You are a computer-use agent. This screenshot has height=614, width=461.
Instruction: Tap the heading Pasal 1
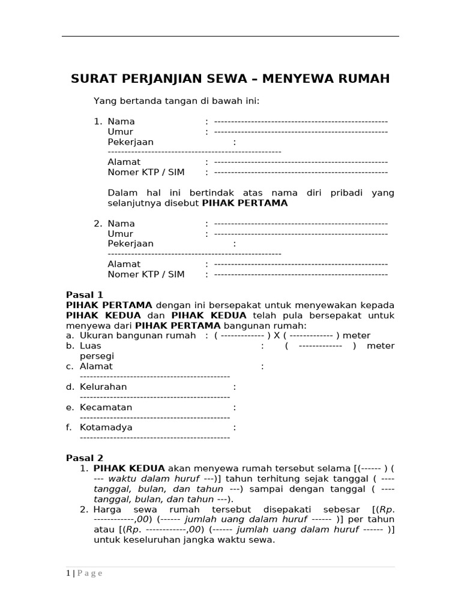(x=85, y=295)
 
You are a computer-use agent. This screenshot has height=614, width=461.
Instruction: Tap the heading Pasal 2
(x=85, y=458)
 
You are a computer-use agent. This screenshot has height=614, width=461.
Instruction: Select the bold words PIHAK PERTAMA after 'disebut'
(x=245, y=203)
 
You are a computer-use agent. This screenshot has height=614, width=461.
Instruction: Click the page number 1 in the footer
(x=68, y=573)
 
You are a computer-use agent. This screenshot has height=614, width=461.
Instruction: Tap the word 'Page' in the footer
(x=90, y=573)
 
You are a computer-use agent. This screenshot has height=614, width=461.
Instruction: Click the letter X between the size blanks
(x=277, y=336)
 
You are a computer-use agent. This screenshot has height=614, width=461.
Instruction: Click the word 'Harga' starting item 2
(x=107, y=509)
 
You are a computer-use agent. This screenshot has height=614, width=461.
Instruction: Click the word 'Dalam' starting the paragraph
(x=121, y=193)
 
